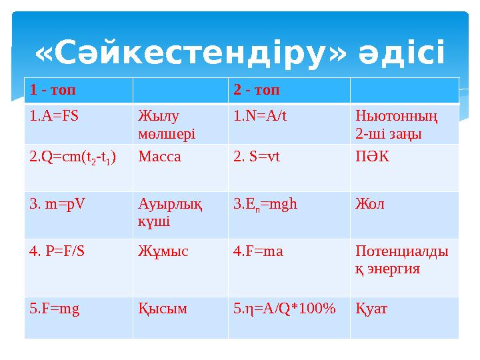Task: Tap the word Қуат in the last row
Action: coord(372,309)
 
